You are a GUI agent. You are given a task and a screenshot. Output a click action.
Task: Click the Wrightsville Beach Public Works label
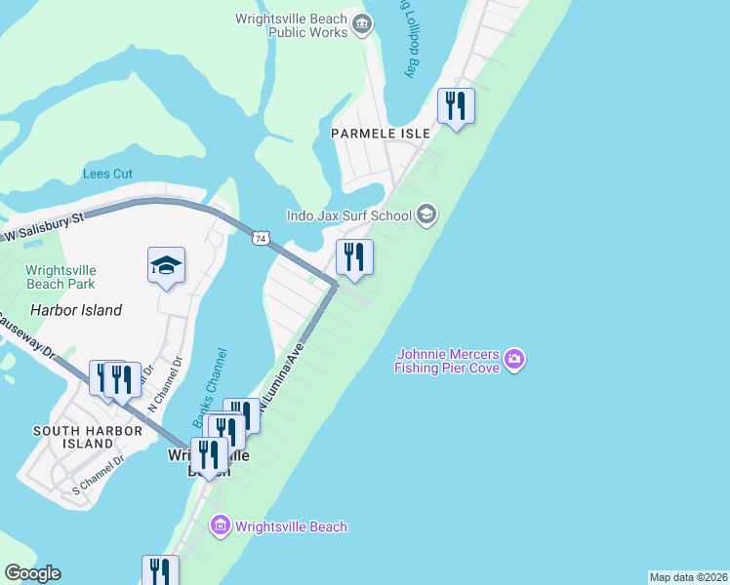pyautogui.click(x=292, y=25)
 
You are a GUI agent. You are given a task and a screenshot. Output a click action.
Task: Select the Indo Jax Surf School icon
pyautogui.click(x=426, y=214)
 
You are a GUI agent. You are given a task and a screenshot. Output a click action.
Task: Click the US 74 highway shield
pyautogui.click(x=260, y=238)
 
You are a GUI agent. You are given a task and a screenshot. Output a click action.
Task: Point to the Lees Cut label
pyautogui.click(x=107, y=175)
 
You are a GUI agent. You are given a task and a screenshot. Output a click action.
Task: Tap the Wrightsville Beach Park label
pyautogui.click(x=61, y=277)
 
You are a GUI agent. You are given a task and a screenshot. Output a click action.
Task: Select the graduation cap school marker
pyautogui.click(x=166, y=264)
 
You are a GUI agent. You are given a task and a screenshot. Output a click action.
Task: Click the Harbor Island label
pyautogui.click(x=76, y=310)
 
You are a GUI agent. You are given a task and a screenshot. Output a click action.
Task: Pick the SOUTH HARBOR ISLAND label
pyautogui.click(x=73, y=437)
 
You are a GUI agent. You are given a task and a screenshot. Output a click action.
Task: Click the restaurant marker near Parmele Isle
pyautogui.click(x=456, y=105)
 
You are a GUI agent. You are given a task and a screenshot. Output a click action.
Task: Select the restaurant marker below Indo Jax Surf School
pyautogui.click(x=354, y=257)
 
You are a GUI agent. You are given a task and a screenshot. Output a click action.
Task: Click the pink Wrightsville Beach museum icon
pyautogui.click(x=220, y=526)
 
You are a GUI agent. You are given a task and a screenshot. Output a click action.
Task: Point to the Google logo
pyautogui.click(x=32, y=573)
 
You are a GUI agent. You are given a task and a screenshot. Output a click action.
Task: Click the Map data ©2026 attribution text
pyautogui.click(x=689, y=577)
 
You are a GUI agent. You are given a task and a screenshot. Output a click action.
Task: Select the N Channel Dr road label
pyautogui.click(x=162, y=383)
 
